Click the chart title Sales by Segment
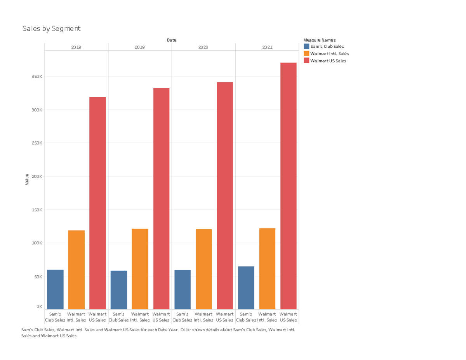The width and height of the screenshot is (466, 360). tap(51, 29)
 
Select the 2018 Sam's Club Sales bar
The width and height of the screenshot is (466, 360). tap(55, 289)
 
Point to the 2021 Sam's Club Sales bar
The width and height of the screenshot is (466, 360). tap(246, 288)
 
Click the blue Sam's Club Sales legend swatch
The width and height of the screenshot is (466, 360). tap(306, 47)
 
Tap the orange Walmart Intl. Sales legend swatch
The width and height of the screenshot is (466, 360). tap(306, 54)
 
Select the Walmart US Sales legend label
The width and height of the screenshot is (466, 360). tap(328, 61)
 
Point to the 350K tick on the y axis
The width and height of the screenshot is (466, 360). tap(37, 77)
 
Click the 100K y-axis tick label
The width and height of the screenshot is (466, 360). tap(37, 243)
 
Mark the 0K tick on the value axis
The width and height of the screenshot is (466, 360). tap(39, 306)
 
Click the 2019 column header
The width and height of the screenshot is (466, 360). tap(140, 47)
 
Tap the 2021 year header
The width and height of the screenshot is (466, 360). tap(267, 47)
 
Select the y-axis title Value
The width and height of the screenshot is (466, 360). tap(27, 179)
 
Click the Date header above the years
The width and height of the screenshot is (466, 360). tap(172, 40)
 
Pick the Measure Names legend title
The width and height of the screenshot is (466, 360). tap(320, 40)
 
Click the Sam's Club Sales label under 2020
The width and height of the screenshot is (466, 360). tap(182, 317)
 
